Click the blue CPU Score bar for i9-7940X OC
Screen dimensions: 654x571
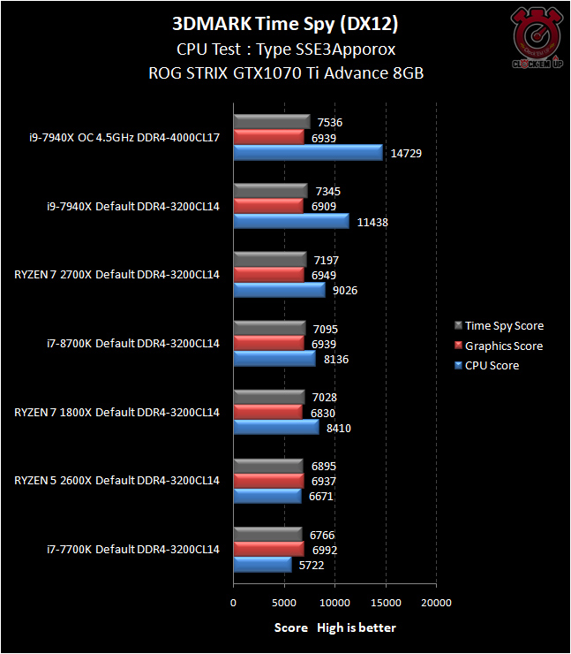[x=308, y=153]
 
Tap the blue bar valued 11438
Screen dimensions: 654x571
[x=291, y=222]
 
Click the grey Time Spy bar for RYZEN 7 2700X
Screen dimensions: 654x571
[x=270, y=259]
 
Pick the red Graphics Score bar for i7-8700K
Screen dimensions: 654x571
[x=268, y=343]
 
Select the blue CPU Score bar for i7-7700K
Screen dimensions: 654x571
[x=262, y=565]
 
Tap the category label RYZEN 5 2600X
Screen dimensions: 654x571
[x=116, y=481]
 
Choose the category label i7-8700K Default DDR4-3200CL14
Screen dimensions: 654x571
[x=133, y=343]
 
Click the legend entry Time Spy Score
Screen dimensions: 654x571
[x=504, y=326]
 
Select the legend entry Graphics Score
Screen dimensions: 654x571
[x=504, y=346]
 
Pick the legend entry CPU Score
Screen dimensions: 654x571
[x=492, y=365]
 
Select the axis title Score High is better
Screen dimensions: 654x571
[x=334, y=627]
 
